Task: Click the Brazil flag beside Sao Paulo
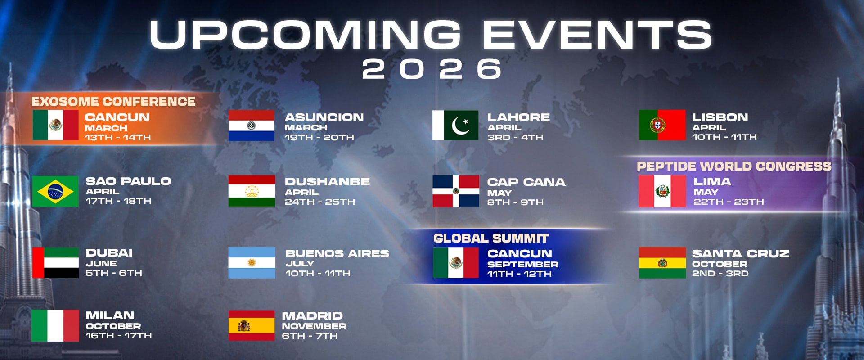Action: click(x=55, y=191)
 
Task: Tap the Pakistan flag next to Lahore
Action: click(x=455, y=125)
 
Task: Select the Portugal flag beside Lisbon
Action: click(x=662, y=125)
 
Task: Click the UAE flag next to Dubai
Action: click(x=55, y=262)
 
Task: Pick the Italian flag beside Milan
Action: click(x=55, y=325)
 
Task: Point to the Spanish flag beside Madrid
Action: click(x=252, y=325)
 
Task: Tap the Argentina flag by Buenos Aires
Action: click(x=252, y=262)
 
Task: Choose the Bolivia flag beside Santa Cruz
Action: click(x=662, y=263)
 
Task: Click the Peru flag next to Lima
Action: click(x=662, y=191)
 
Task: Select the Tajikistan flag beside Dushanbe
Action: click(x=252, y=191)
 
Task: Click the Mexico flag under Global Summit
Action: click(x=456, y=263)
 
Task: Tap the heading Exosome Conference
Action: click(x=113, y=102)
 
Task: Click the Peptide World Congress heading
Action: click(x=734, y=166)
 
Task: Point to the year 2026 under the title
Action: click(x=432, y=69)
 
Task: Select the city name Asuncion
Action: click(x=324, y=117)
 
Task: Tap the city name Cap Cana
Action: click(x=526, y=182)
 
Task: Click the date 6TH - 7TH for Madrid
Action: click(x=310, y=336)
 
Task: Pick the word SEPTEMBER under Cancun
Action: click(x=523, y=264)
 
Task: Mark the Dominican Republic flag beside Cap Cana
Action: click(x=456, y=191)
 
